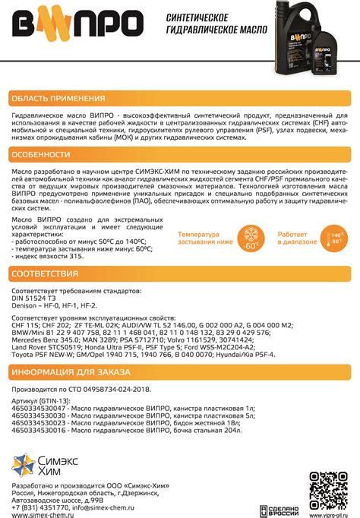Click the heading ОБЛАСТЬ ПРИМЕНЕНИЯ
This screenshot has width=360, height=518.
pyautogui.click(x=58, y=99)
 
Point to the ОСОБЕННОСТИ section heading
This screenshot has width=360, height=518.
pyautogui.click(x=46, y=155)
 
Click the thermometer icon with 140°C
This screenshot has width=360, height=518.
pyautogui.click(x=331, y=237)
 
